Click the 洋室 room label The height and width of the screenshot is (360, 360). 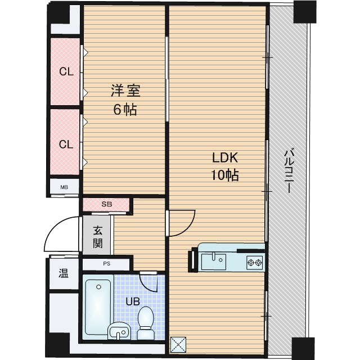(x=125, y=91)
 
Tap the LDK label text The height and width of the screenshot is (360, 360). (x=225, y=158)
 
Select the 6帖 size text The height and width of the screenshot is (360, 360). (x=125, y=109)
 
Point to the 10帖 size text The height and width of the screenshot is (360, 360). (x=225, y=175)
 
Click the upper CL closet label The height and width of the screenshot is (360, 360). (x=66, y=72)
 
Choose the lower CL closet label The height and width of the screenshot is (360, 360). (x=66, y=145)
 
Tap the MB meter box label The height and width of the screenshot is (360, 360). (x=64, y=187)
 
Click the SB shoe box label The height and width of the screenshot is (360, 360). (x=107, y=204)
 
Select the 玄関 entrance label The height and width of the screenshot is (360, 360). (x=98, y=237)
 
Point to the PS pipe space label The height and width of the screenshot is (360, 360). (x=107, y=264)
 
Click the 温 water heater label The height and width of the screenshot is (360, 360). (x=64, y=273)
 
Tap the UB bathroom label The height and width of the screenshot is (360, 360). (x=133, y=301)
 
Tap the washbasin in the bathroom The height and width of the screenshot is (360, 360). (x=119, y=331)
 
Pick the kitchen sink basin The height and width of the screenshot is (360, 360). (x=214, y=261)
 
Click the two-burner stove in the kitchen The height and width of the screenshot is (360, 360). (x=255, y=262)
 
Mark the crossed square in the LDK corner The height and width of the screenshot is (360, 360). (x=178, y=344)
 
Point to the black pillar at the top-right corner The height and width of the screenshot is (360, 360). (x=305, y=11)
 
